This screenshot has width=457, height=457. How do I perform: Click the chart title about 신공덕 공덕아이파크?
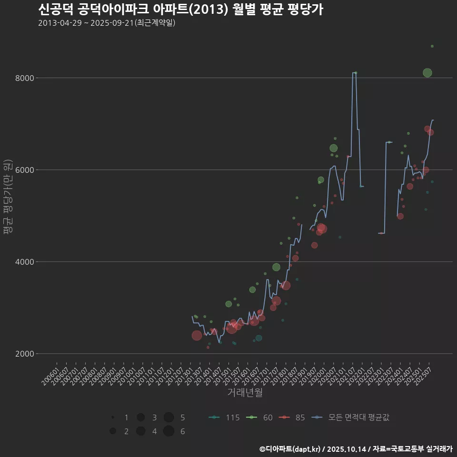180,10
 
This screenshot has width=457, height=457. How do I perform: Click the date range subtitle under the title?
107,23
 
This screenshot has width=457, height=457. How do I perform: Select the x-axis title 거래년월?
245,393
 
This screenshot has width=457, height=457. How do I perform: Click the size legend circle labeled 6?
168,431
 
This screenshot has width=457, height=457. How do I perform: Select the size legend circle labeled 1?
113,417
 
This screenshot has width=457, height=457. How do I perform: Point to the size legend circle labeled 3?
140,417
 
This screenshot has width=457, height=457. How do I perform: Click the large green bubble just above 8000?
427,73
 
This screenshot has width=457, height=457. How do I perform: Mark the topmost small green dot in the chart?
432,46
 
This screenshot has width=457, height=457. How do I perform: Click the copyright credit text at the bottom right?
356,449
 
